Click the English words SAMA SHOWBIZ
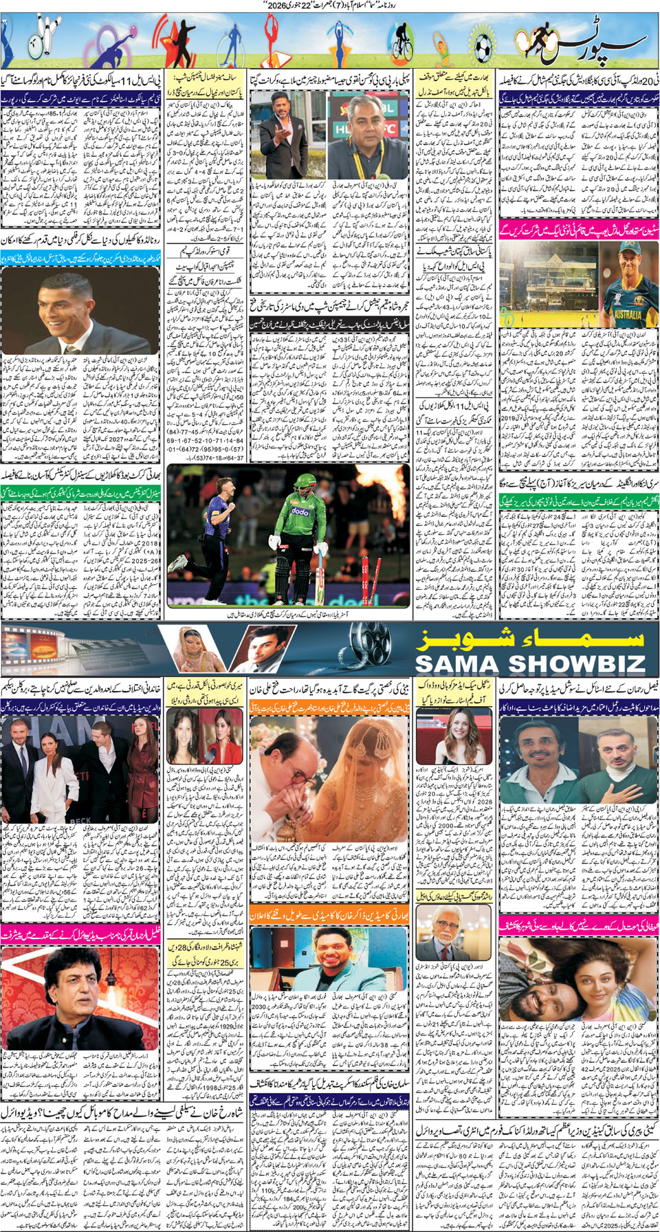(x=529, y=664)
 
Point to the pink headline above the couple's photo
(x=578, y=924)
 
